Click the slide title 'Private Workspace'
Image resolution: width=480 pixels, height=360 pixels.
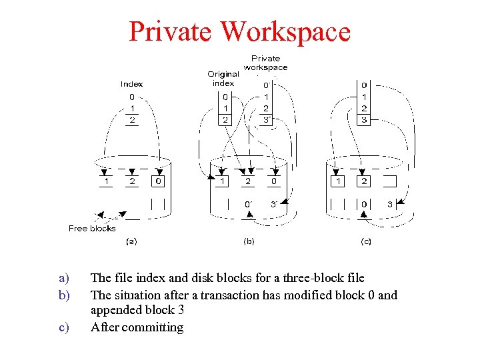coord(239,31)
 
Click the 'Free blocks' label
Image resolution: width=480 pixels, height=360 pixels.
coord(92,228)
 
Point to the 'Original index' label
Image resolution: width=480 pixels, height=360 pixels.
coord(223,79)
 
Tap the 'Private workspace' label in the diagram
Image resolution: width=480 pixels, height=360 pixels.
coord(265,63)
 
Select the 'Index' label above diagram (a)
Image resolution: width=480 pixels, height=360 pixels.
coord(131,84)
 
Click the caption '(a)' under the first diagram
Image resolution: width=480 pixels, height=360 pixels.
coord(131,241)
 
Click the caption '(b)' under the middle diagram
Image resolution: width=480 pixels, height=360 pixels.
coord(249,241)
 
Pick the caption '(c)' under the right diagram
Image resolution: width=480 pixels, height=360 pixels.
coord(365,241)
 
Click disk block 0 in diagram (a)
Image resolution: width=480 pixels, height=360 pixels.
coord(157,181)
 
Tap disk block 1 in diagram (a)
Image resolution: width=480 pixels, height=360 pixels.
coord(106,181)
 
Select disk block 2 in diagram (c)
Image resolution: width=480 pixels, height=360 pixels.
coord(364,181)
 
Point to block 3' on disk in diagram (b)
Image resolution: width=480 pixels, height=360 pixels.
coord(273,203)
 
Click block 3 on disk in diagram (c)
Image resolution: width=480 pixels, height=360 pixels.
coord(389,204)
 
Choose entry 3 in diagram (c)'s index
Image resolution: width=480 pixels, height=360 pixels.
coord(363,120)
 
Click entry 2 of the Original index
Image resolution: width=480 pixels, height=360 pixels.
coord(225,120)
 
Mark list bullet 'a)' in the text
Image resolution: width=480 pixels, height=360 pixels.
coord(63,278)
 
